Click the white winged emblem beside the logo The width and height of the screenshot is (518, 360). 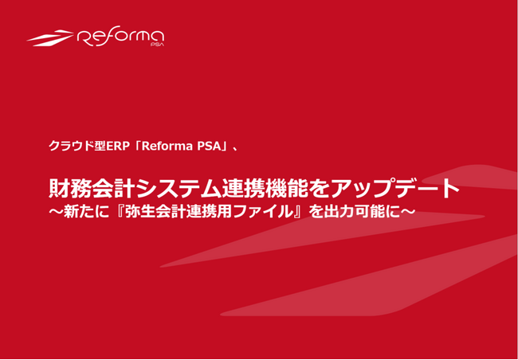(x=53, y=37)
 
